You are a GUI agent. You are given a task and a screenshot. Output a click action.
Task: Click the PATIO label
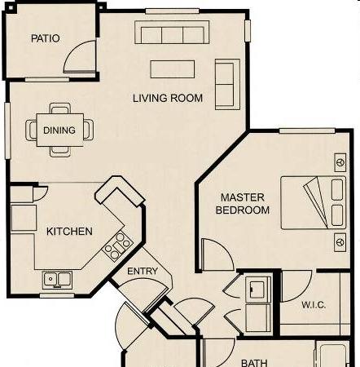(46, 38)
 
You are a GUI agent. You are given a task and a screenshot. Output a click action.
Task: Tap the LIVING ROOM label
(168, 98)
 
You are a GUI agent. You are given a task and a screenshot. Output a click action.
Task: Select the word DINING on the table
(59, 130)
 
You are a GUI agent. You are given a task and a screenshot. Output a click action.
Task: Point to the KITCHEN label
(69, 232)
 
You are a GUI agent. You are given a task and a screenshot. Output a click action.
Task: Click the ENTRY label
(143, 271)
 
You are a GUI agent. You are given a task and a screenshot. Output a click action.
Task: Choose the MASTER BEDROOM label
(243, 204)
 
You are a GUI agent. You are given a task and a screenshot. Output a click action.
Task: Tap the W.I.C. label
(314, 305)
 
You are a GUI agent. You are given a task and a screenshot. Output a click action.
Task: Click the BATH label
(254, 363)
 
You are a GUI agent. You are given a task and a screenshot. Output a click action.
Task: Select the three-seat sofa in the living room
(172, 32)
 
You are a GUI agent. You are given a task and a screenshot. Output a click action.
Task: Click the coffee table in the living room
(173, 69)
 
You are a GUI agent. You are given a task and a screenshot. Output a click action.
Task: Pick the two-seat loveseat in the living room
(227, 84)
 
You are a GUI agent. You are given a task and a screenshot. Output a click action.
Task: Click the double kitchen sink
(58, 280)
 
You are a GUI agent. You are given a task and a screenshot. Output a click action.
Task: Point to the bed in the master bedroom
(314, 203)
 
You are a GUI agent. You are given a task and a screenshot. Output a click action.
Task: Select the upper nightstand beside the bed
(340, 162)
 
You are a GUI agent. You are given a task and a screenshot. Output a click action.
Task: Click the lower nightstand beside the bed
(340, 242)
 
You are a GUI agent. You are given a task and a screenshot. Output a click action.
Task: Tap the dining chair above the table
(60, 108)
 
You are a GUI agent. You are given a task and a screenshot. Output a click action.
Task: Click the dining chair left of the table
(32, 130)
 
